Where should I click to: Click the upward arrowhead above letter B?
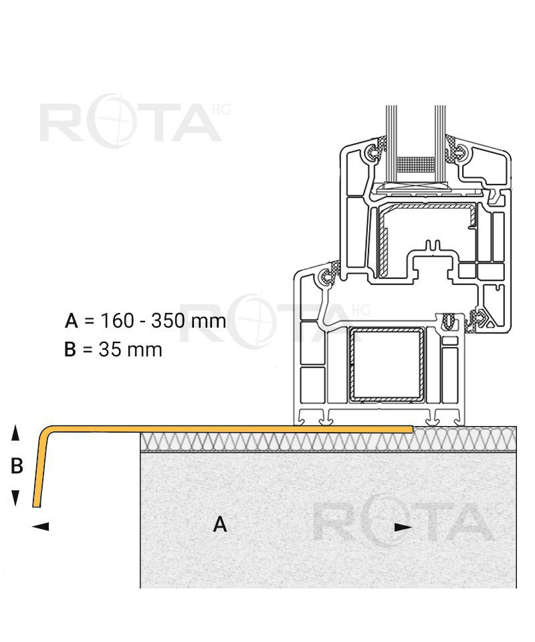click(x=15, y=433)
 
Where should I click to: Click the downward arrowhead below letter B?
click(x=15, y=498)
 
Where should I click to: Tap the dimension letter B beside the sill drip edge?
click(x=16, y=465)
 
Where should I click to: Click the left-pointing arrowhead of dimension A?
click(x=40, y=526)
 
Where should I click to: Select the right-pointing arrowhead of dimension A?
click(x=403, y=528)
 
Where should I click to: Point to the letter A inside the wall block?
click(x=220, y=524)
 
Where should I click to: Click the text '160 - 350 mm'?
click(x=163, y=320)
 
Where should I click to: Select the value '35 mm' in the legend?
click(x=130, y=350)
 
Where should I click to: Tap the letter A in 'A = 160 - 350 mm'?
click(x=72, y=320)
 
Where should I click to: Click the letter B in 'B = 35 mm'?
click(x=70, y=350)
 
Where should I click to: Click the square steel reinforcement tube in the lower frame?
click(x=386, y=364)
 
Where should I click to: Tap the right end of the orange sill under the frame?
click(x=412, y=429)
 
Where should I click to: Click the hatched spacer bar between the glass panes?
click(x=416, y=164)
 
